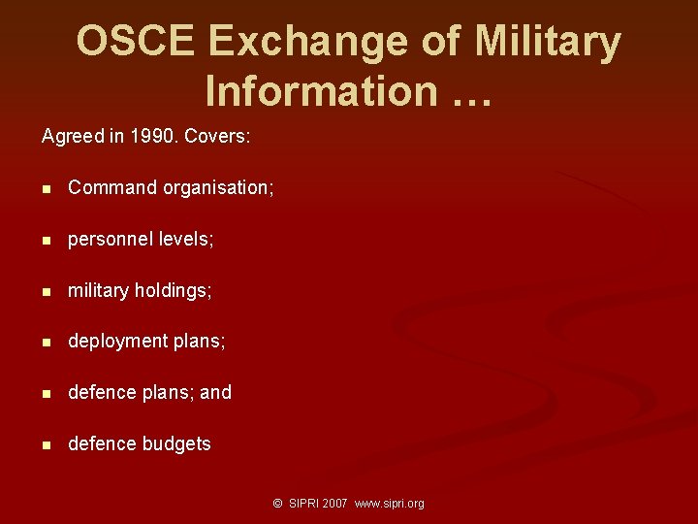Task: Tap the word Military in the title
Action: pyautogui.click(x=549, y=43)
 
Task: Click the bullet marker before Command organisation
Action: pyautogui.click(x=47, y=188)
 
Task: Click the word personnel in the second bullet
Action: pyautogui.click(x=105, y=239)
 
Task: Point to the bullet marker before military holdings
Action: pyautogui.click(x=47, y=291)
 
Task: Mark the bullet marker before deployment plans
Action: pyautogui.click(x=47, y=343)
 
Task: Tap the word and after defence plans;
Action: pyautogui.click(x=215, y=392)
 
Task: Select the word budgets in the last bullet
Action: pyautogui.click(x=176, y=443)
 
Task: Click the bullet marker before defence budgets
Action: pyautogui.click(x=47, y=444)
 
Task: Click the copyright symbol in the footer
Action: pyautogui.click(x=277, y=504)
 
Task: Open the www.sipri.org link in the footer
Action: pyautogui.click(x=390, y=504)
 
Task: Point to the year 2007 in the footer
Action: pyautogui.click(x=335, y=504)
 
